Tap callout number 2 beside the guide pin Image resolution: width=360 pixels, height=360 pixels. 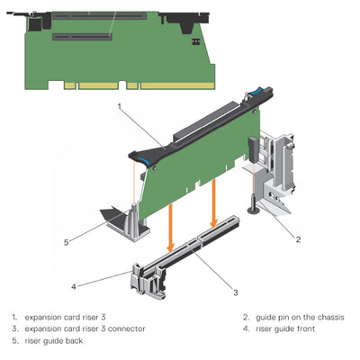(298, 238)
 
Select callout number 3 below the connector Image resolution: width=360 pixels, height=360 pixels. (237, 292)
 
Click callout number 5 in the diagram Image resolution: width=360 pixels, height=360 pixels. (66, 241)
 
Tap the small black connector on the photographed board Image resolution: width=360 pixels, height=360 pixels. (195, 42)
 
